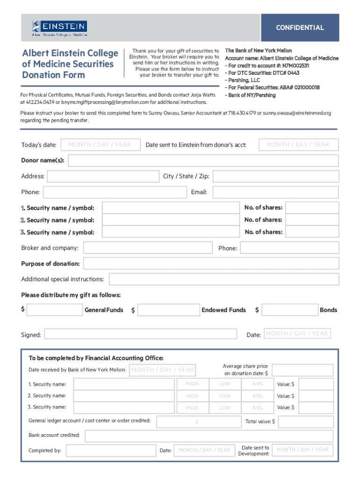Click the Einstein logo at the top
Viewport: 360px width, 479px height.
59,28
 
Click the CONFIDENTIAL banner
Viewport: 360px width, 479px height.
300,28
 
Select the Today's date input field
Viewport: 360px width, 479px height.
100,145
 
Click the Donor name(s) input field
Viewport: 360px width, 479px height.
203,161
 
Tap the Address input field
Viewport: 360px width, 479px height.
103,176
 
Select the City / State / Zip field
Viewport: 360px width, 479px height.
275,176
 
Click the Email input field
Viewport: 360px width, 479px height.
275,192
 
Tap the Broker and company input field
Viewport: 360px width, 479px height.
147,248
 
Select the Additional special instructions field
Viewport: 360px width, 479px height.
224,279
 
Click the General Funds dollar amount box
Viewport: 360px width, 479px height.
55,310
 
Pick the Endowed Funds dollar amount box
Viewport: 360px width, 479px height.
168,310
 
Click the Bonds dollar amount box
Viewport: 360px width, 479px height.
289,310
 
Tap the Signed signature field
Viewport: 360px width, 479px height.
140,334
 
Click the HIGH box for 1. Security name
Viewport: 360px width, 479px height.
192,384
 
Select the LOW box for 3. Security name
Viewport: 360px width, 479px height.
225,408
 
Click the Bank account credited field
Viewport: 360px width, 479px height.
209,436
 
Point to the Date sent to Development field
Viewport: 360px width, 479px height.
302,450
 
